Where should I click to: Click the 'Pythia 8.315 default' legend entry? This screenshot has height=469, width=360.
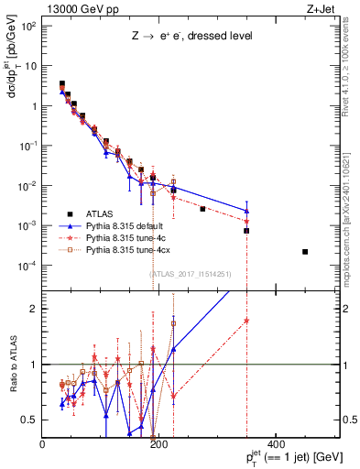click(x=130, y=224)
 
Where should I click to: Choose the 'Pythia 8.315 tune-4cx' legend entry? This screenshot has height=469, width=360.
click(x=132, y=247)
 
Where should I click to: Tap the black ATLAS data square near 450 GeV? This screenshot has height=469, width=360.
click(x=305, y=252)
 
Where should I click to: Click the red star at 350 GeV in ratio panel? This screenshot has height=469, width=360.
click(x=246, y=321)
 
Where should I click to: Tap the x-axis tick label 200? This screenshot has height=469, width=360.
click(x=158, y=444)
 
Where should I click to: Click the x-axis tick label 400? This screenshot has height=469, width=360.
click(x=275, y=444)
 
